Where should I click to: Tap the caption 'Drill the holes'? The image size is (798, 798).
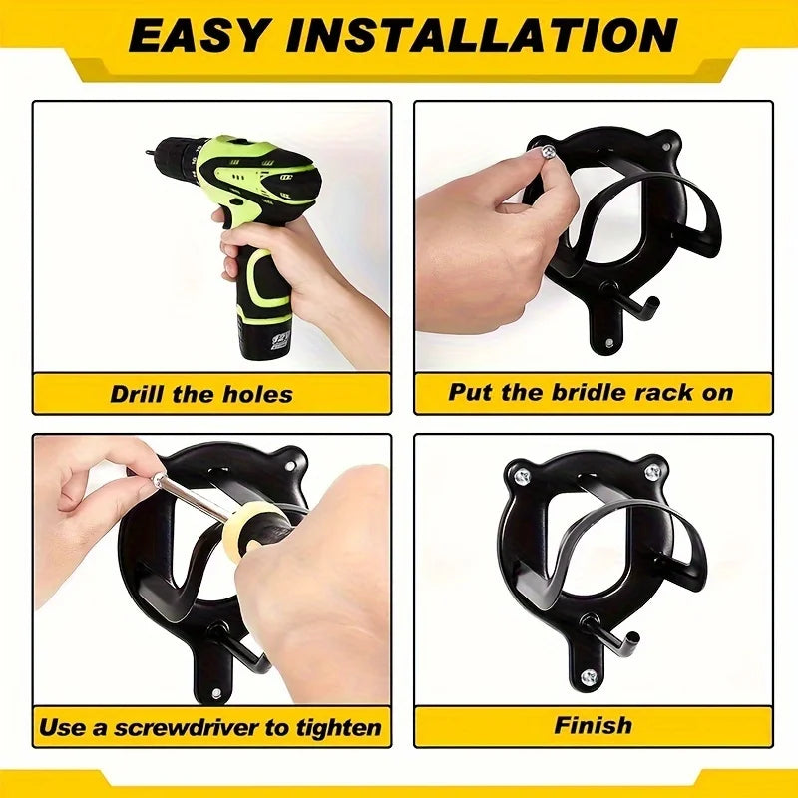point(201,393)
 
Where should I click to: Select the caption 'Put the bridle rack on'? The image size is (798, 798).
point(591,391)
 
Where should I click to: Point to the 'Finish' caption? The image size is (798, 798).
point(594,725)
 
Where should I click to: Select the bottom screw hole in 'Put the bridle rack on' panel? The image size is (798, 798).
point(607,344)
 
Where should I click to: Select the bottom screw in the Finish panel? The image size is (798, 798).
point(587,677)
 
